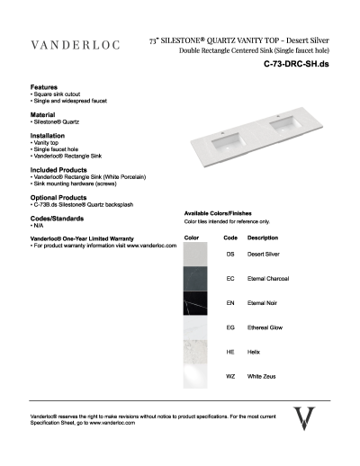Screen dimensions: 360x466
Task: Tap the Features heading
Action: point(45,87)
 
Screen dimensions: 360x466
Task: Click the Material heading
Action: point(43,115)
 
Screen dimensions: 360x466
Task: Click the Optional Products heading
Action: point(58,197)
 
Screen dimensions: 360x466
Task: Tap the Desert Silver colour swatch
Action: point(195,255)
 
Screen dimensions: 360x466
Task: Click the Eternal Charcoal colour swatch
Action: point(195,279)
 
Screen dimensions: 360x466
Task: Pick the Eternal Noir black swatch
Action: point(195,303)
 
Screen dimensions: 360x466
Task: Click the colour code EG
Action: point(230,327)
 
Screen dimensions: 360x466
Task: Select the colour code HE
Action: point(230,352)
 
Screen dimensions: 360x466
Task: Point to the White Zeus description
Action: point(263,376)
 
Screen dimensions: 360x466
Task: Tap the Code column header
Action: point(229,237)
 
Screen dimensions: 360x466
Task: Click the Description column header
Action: point(262,237)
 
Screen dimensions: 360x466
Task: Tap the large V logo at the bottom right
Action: point(305,419)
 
